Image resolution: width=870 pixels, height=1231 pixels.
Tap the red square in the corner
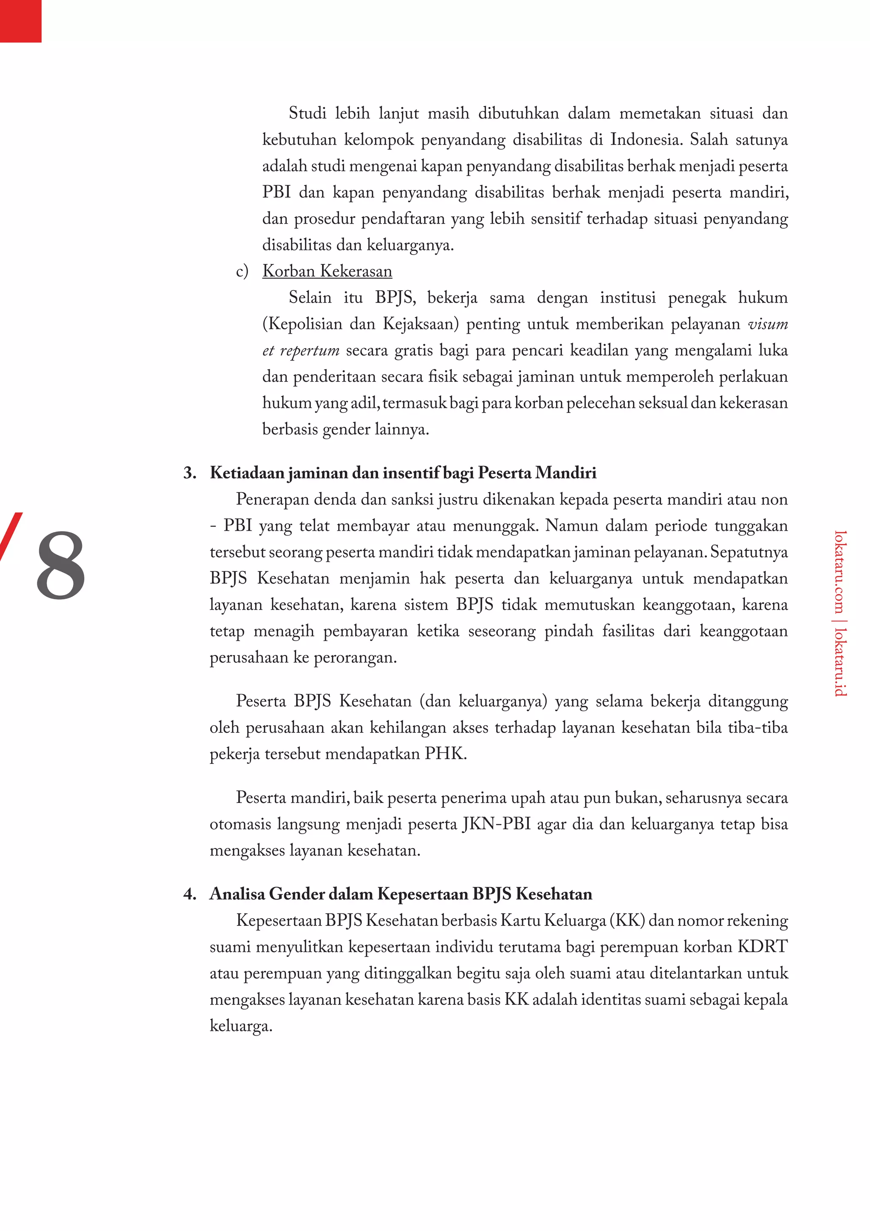click(20, 20)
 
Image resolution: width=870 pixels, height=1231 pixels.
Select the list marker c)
click(242, 271)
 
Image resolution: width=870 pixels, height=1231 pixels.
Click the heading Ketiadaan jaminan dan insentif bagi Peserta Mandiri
click(403, 473)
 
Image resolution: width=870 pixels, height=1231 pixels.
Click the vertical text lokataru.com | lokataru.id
click(839, 613)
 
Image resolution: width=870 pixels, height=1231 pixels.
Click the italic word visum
click(768, 324)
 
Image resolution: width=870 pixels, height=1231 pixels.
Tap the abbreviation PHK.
click(445, 753)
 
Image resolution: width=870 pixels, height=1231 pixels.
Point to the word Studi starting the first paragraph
click(308, 113)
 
